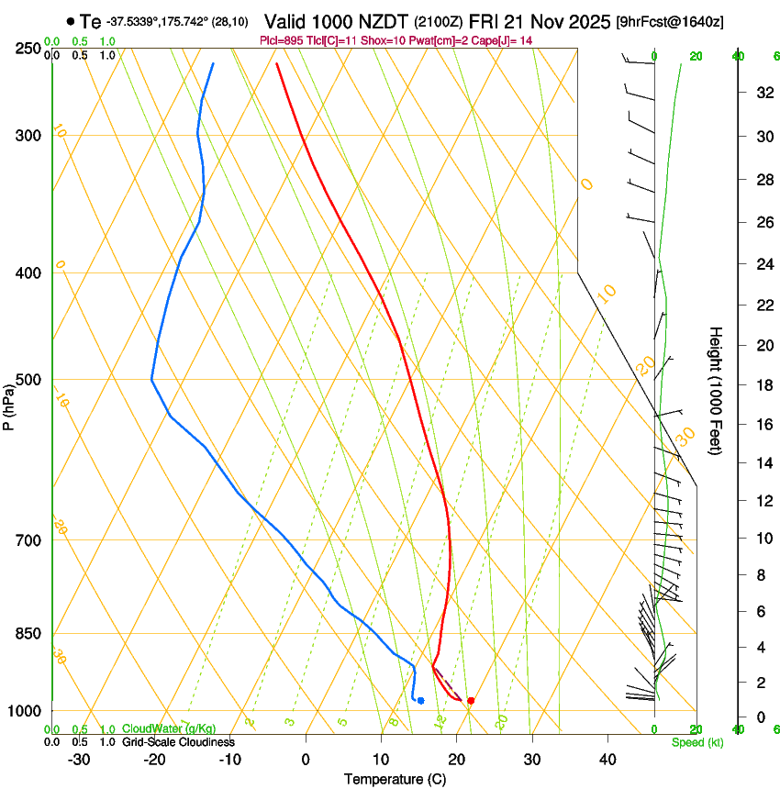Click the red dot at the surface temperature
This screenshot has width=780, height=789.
pos(471,701)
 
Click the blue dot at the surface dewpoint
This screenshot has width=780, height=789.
pos(420,701)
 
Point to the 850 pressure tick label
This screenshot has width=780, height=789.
pos(29,633)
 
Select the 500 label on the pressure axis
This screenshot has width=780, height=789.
pos(29,380)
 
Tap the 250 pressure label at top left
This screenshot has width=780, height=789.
pos(29,49)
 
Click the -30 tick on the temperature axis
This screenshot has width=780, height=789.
pos(78,760)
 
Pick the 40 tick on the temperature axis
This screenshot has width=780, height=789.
pos(607,760)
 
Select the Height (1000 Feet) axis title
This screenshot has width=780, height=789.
pos(716,391)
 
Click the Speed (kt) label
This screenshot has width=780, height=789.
pos(696,742)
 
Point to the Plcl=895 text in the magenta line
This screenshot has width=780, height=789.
pos(301,40)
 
